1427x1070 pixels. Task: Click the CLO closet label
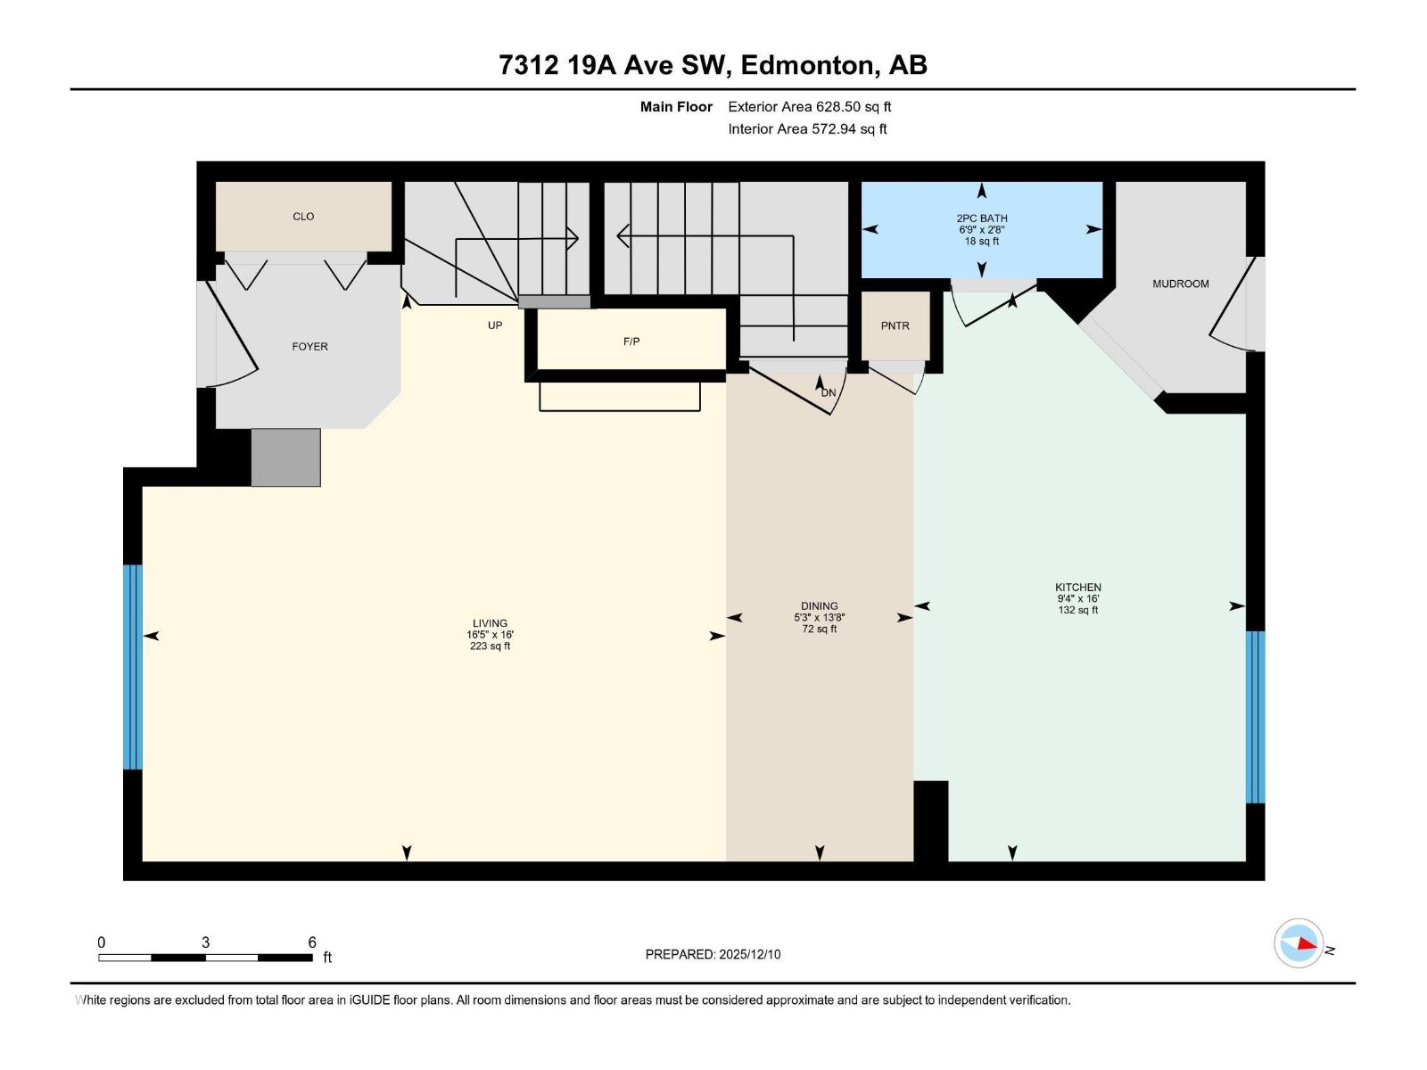303,217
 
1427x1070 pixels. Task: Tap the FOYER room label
309,347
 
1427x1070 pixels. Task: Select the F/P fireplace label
631,342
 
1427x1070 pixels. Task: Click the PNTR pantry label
895,326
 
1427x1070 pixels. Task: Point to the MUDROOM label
1180,284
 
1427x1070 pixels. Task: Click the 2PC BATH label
981,218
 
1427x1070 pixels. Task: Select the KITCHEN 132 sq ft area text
1077,611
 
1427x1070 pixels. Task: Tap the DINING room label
819,605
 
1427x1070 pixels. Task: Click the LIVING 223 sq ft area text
490,646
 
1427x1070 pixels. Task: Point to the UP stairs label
495,325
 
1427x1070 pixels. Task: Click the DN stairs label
829,392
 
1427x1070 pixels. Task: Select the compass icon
1299,943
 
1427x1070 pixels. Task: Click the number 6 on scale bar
312,942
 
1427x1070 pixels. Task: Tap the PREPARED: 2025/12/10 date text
713,954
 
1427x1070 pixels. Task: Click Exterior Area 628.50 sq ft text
809,107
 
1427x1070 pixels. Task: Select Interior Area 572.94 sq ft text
807,129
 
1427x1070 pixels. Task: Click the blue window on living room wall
132,666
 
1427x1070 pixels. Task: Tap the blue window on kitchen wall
1255,717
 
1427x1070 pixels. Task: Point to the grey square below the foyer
285,457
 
